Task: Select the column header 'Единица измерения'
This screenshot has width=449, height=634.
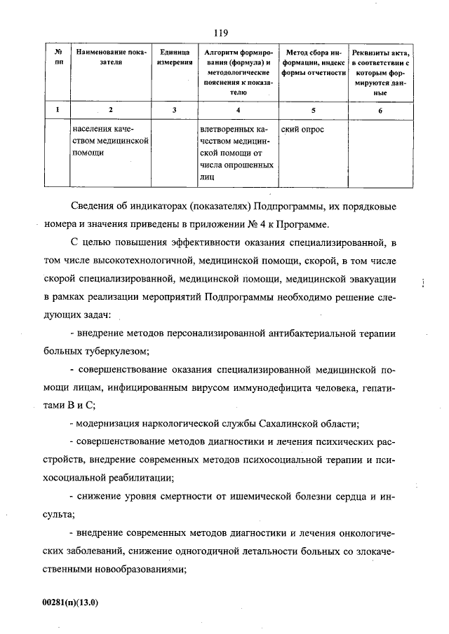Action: [x=175, y=57]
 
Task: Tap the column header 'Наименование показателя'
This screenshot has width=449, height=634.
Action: [x=111, y=57]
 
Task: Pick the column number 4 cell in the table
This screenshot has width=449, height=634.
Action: [x=239, y=110]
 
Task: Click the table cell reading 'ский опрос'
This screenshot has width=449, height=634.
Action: [x=302, y=130]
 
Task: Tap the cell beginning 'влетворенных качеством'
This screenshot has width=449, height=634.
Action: [x=236, y=153]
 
